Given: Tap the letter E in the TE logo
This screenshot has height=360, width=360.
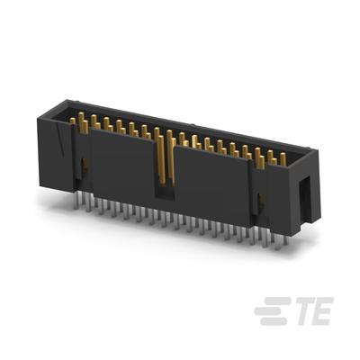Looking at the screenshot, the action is point(322,310).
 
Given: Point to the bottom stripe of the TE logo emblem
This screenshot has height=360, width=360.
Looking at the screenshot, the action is point(274,321).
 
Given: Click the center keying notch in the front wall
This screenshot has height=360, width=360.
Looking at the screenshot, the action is point(165,191).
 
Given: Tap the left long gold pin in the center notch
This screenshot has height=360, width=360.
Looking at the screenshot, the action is point(161,159).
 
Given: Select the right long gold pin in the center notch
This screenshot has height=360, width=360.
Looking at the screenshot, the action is point(172,161).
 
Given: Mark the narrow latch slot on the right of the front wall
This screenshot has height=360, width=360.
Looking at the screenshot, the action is point(259,203).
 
